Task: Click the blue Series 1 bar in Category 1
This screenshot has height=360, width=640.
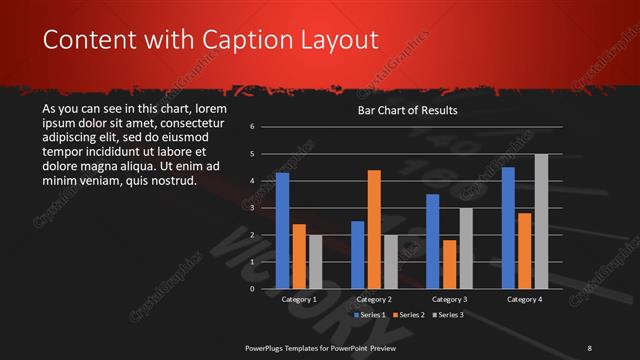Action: click(x=282, y=231)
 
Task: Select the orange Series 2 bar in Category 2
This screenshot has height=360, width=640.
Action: click(x=374, y=229)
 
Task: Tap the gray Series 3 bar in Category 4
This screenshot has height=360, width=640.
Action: click(x=541, y=221)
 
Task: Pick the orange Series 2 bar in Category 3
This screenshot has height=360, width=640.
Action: click(x=450, y=264)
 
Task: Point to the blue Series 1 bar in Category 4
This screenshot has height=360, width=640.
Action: click(x=509, y=228)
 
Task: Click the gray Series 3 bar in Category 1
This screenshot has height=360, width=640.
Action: click(x=315, y=262)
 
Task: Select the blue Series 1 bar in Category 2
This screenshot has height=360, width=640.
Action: click(x=358, y=255)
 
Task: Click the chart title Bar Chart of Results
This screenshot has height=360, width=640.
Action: click(x=408, y=111)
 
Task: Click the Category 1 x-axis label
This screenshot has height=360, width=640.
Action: click(x=299, y=299)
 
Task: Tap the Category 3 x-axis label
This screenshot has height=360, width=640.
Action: click(x=450, y=299)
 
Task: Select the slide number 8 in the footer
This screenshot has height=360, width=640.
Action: click(x=589, y=347)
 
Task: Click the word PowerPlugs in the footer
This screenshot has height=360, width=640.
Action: click(x=269, y=347)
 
